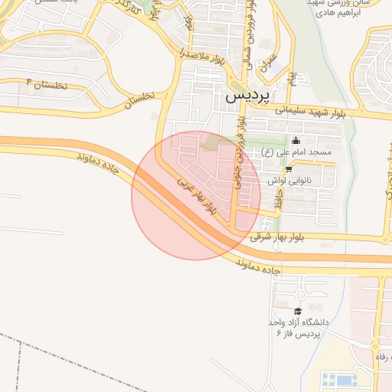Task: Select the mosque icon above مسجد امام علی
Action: coord(296,140)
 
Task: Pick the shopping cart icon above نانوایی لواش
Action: coord(288,170)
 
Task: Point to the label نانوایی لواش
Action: coord(288,181)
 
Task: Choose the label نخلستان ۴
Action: coord(47,83)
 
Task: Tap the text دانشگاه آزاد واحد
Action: coord(299,322)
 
